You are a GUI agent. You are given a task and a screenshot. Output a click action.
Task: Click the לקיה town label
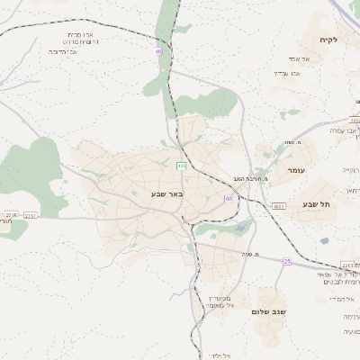(x=327, y=40)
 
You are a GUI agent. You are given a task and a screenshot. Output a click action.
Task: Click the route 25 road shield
(x=287, y=262)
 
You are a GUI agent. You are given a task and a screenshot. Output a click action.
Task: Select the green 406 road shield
(x=181, y=166)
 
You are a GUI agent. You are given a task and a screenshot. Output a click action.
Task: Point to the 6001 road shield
(x=279, y=206)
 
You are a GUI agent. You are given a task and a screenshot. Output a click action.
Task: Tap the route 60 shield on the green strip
(x=158, y=51)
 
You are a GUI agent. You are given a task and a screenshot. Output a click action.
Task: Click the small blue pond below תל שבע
(x=324, y=241)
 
